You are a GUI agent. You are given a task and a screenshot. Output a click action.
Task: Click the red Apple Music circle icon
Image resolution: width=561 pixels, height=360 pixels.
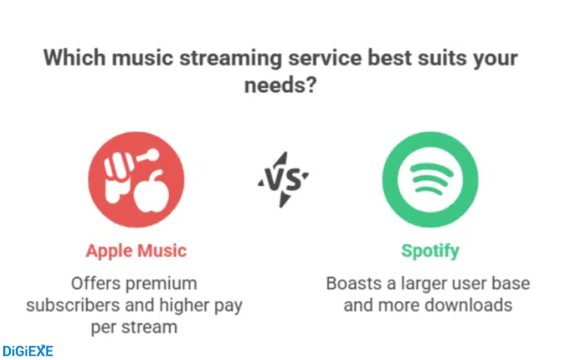click(136, 180)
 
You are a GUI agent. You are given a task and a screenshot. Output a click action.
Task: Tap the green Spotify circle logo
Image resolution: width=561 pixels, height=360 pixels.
click(430, 180)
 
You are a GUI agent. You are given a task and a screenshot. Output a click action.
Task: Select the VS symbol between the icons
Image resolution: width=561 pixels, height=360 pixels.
click(283, 180)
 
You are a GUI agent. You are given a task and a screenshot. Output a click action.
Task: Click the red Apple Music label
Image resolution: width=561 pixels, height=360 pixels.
click(136, 251)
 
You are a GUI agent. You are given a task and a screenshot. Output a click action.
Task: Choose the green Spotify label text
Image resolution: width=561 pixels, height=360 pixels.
click(430, 251)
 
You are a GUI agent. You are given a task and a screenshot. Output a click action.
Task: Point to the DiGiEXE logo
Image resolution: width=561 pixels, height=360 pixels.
click(28, 351)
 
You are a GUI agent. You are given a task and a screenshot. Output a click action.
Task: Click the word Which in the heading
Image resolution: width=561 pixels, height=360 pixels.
click(74, 58)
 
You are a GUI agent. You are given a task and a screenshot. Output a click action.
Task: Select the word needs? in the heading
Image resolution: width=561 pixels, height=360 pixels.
click(280, 85)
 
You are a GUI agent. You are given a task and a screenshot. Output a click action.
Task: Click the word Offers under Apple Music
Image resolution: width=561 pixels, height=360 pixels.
click(95, 283)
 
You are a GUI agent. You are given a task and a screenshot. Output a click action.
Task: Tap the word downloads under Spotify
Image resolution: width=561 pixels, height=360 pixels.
click(469, 305)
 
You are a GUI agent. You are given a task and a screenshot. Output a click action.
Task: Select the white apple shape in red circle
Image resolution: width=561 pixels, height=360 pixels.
click(151, 191)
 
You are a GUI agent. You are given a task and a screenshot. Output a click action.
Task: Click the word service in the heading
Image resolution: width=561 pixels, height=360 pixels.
click(325, 58)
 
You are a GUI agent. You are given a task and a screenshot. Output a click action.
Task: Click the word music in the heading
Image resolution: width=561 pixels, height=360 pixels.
click(143, 58)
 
